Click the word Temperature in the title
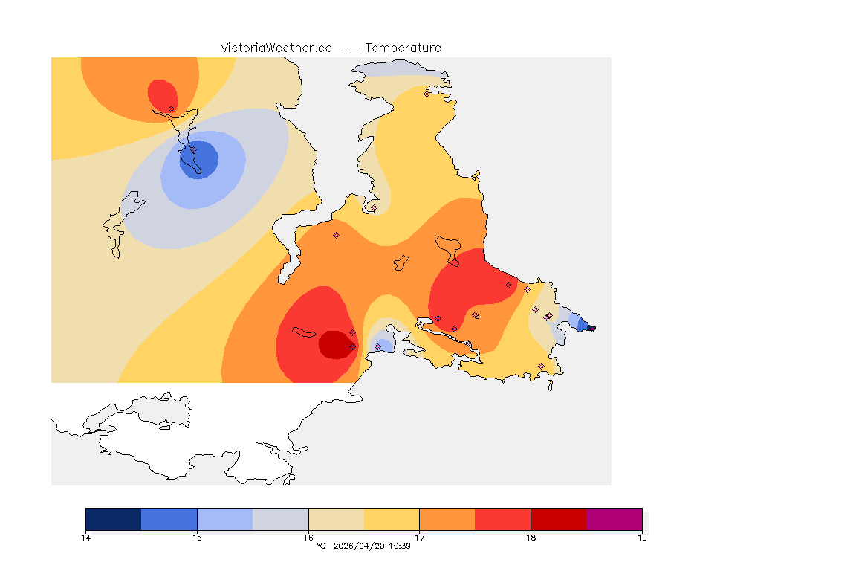(403, 48)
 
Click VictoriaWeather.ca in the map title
(276, 48)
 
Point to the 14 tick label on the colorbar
(86, 538)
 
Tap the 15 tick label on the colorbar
(197, 538)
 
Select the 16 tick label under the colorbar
(308, 538)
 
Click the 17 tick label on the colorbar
(420, 538)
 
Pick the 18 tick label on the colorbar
(531, 538)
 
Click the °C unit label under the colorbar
(321, 546)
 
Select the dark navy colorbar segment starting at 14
(114, 519)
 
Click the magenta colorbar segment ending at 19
(614, 519)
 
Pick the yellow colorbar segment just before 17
(392, 519)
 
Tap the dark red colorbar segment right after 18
(558, 519)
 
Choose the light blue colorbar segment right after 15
(224, 519)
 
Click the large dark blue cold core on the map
(199, 160)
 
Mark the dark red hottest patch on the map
(336, 344)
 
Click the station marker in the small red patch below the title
(171, 109)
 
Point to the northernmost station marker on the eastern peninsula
(427, 94)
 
